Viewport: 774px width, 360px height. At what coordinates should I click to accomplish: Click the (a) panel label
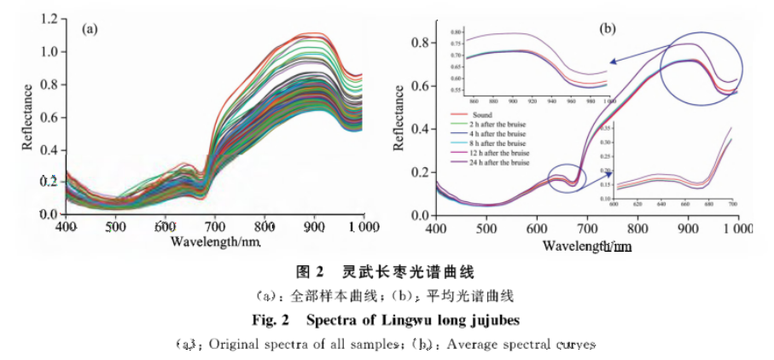click(x=90, y=30)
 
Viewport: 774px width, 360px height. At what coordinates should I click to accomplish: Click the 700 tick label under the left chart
click(x=215, y=227)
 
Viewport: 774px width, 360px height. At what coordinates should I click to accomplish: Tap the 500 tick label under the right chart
click(x=486, y=228)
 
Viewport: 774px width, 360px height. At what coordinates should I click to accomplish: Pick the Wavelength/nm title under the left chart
click(x=214, y=241)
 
